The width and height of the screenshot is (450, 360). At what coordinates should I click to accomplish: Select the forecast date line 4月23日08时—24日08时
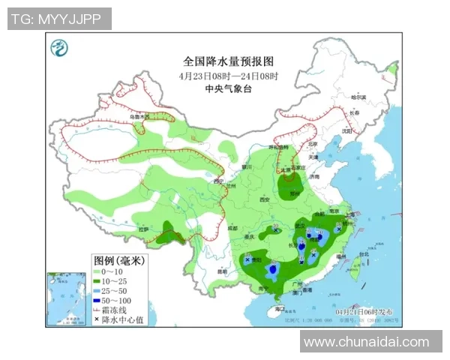pos(229,76)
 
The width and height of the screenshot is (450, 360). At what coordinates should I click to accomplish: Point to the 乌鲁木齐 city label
pos(139,117)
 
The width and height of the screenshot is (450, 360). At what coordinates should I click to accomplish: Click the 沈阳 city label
pos(346,130)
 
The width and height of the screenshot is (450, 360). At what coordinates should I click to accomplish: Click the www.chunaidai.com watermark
pos(366,342)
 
